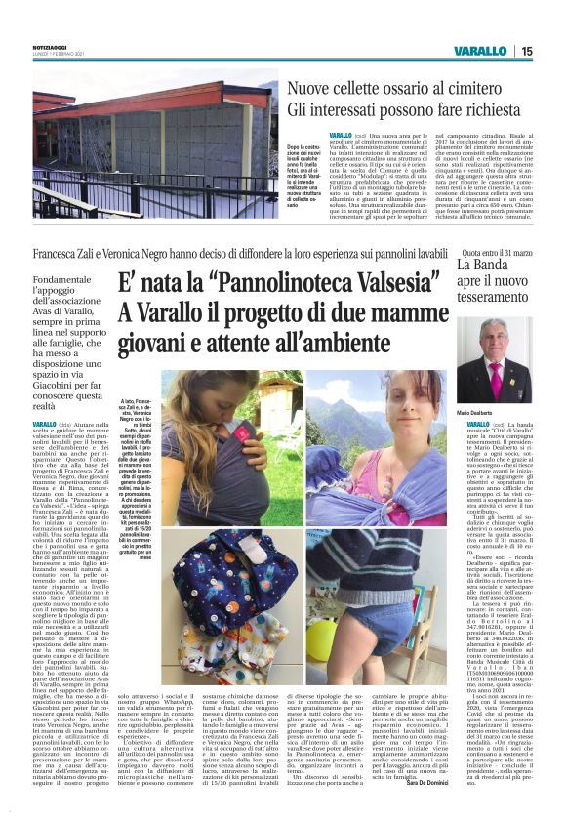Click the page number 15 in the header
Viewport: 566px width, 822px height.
point(527,51)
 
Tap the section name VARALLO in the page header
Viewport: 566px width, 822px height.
point(480,51)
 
